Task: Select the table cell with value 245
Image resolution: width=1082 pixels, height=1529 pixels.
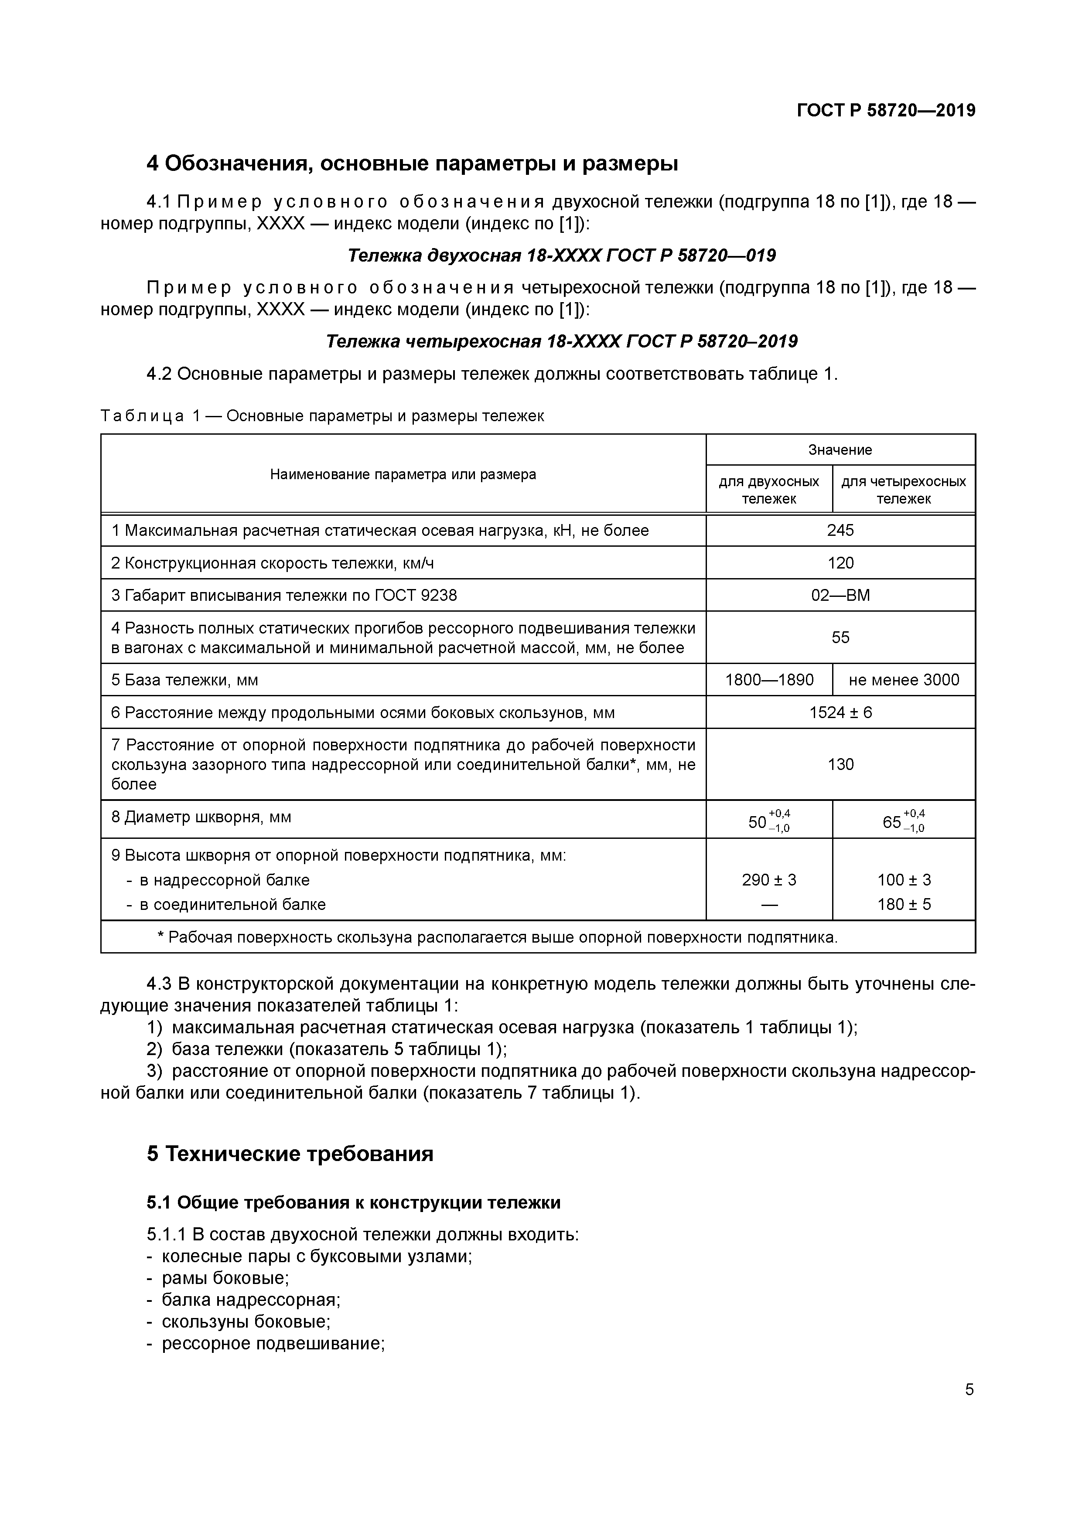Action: tap(840, 530)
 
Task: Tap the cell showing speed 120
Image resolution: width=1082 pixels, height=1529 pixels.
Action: tap(840, 563)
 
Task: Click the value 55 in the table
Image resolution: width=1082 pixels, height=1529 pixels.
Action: tap(840, 637)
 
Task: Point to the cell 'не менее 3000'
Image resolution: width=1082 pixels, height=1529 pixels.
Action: tap(904, 680)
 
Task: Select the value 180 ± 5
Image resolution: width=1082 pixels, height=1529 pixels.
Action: tap(904, 904)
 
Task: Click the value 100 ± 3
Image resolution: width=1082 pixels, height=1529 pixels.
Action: tap(904, 880)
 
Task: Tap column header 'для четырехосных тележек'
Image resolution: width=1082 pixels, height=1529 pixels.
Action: tap(904, 490)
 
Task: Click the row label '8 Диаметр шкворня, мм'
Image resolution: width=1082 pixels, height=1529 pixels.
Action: tap(201, 817)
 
